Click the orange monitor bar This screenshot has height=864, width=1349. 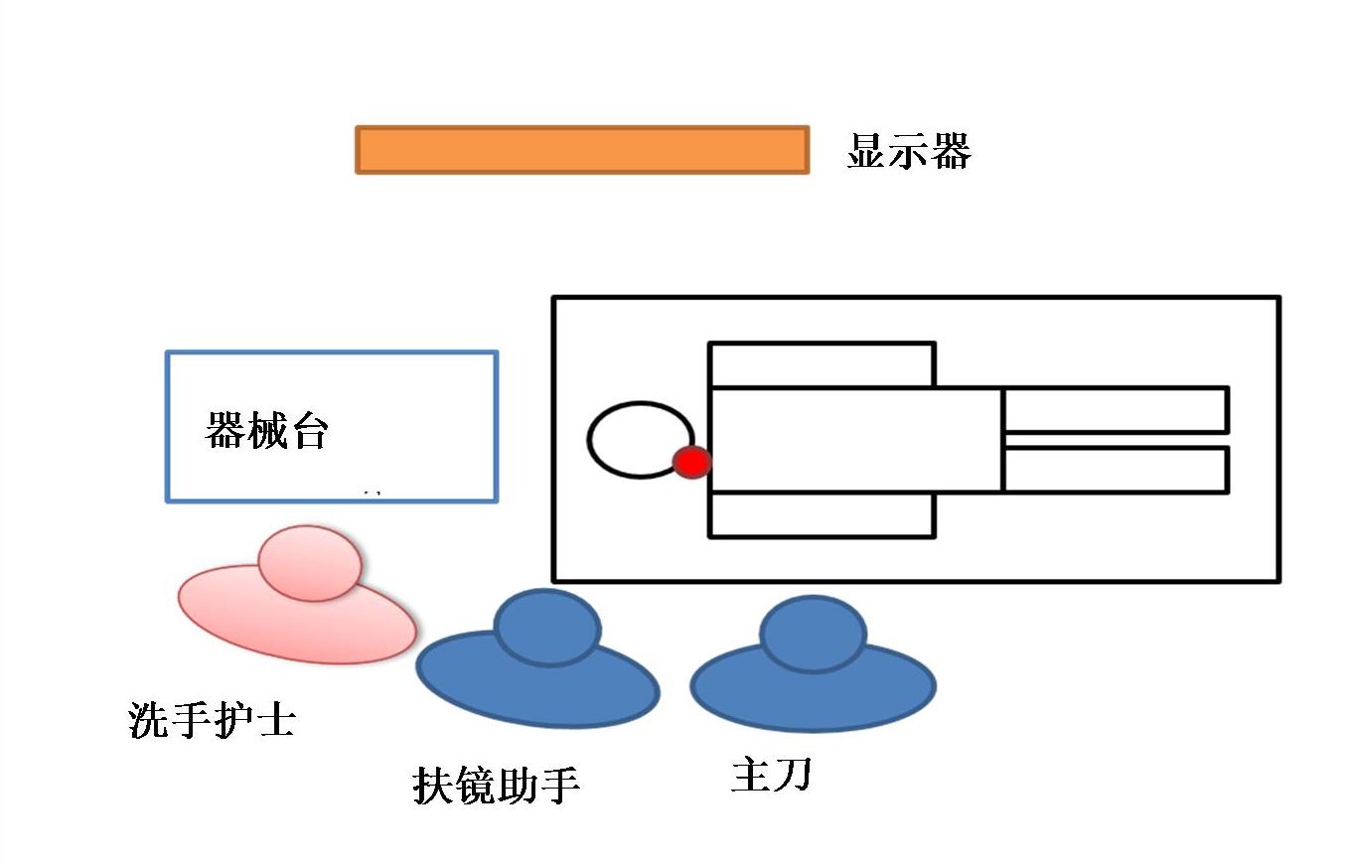point(582,150)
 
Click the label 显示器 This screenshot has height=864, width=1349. point(908,152)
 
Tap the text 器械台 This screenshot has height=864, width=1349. point(265,432)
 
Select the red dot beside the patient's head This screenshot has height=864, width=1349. point(692,462)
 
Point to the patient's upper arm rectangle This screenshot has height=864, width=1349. point(822,364)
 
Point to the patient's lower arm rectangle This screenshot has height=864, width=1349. point(822,514)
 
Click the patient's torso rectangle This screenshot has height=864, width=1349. point(855,440)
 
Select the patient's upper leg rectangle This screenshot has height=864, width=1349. point(1117,409)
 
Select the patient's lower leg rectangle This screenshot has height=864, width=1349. point(1117,470)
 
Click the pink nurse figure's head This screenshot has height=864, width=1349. point(309,564)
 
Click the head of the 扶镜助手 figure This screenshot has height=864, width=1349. point(547,628)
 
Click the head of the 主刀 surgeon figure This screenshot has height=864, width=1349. point(812,634)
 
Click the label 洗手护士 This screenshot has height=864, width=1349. point(212,720)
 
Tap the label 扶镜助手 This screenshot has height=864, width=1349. point(496,785)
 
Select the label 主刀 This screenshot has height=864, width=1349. point(771,775)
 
